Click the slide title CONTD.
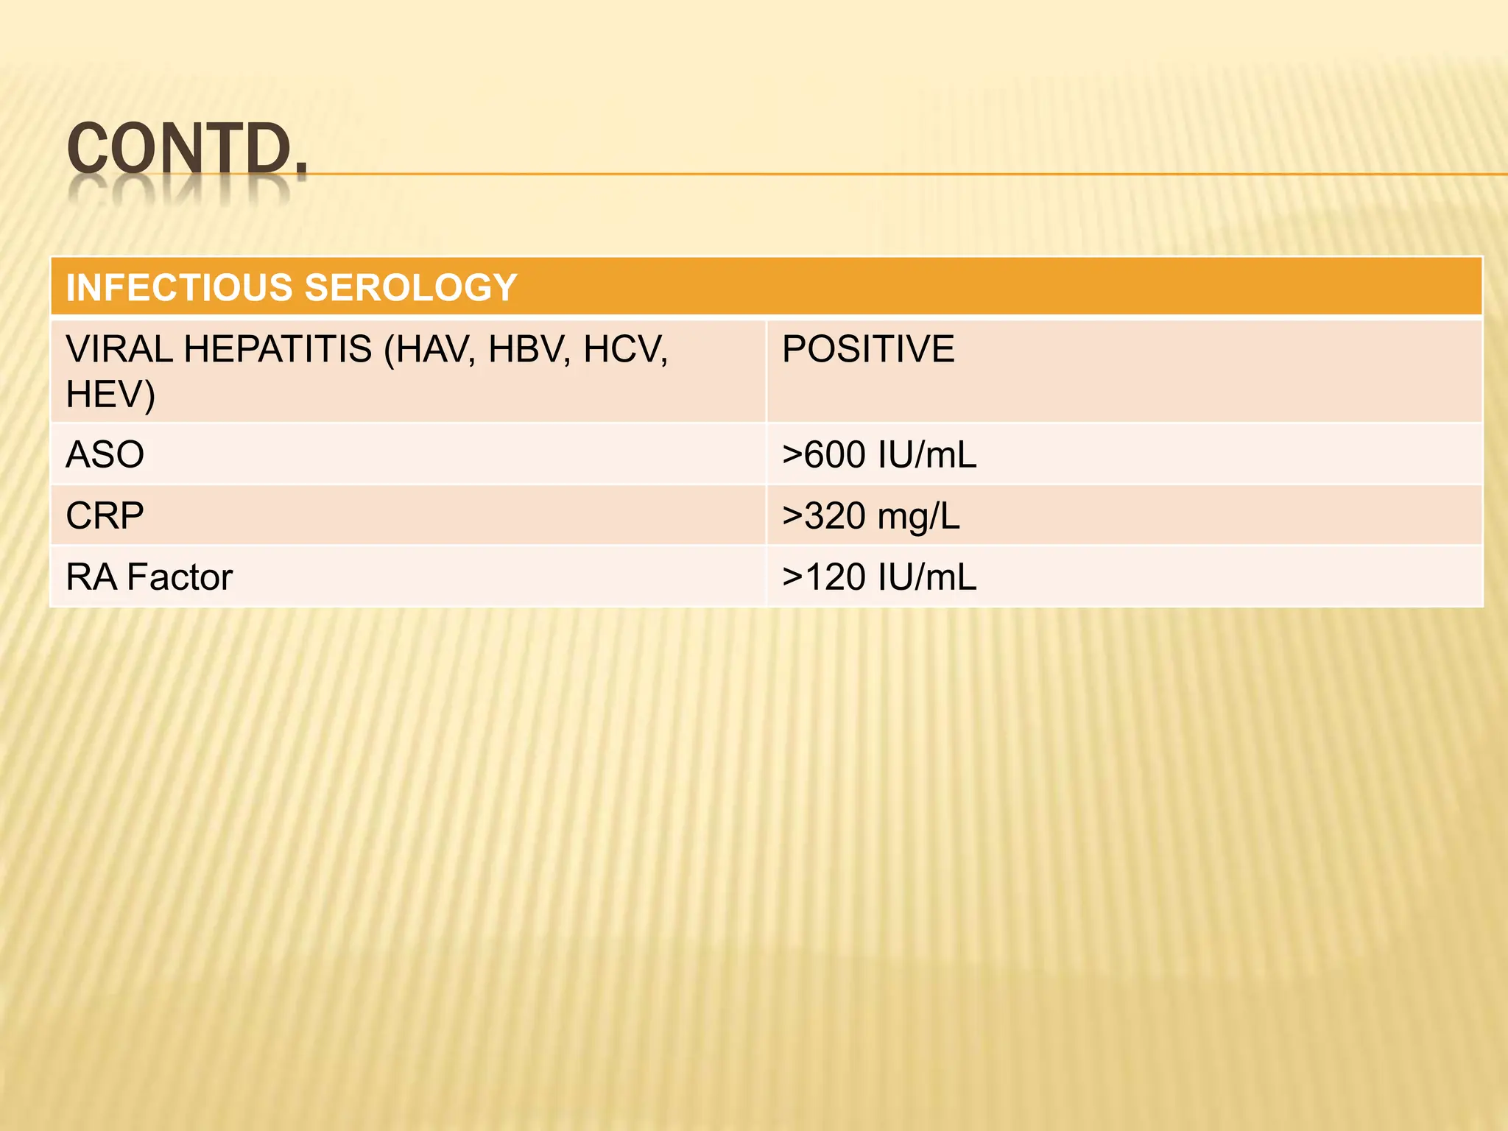[x=186, y=149]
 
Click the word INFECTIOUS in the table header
[x=180, y=287]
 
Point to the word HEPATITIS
[x=278, y=349]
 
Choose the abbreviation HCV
[x=625, y=349]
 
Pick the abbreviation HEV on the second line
[x=110, y=395]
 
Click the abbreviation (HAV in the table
[x=429, y=349]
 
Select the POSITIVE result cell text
[x=868, y=349]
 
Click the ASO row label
[x=105, y=454]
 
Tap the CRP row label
[x=105, y=515]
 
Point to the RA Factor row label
[x=149, y=577]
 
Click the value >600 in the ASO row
[x=824, y=454]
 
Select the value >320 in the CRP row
[x=824, y=515]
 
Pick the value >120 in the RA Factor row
[x=824, y=577]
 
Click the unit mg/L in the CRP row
[x=919, y=515]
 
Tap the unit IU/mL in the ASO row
[x=928, y=454]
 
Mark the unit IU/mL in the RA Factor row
[x=928, y=577]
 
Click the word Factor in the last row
[x=180, y=577]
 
